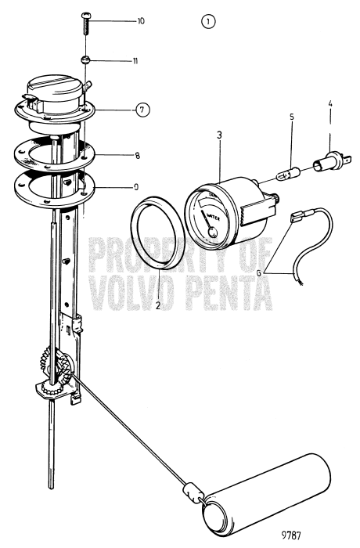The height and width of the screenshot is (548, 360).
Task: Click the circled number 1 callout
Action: coord(207,23)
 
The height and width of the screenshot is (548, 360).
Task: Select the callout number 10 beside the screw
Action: coord(141,20)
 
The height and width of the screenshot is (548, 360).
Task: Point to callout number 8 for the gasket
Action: coord(137,156)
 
